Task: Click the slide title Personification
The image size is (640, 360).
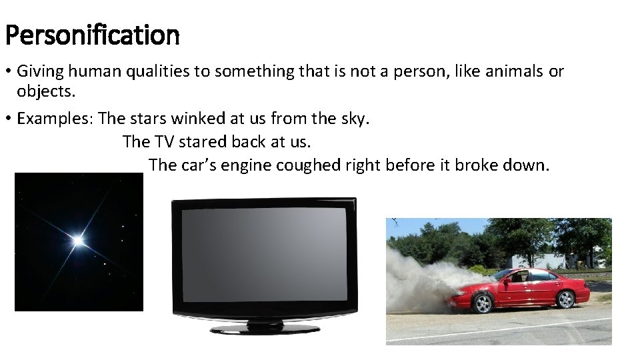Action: [92, 35]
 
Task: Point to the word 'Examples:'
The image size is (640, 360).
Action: [55, 119]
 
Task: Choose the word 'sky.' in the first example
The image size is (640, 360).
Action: [355, 119]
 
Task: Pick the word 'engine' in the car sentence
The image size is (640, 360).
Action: [246, 165]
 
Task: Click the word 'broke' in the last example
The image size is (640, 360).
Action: [478, 165]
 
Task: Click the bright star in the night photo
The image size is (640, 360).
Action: [78, 240]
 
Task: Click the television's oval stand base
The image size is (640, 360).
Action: [265, 329]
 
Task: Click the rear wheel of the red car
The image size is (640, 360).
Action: [565, 300]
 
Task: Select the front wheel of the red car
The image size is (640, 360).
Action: [482, 304]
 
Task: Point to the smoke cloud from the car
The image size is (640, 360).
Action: [420, 283]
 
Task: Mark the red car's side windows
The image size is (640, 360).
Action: [530, 276]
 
